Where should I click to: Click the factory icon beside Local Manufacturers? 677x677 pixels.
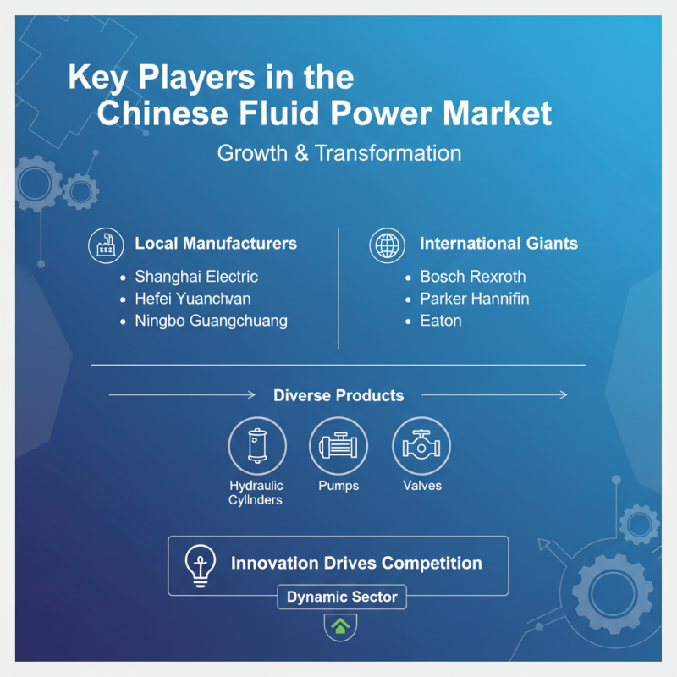107,244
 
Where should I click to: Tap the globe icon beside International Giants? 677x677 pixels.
387,245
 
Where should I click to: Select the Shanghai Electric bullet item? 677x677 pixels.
196,277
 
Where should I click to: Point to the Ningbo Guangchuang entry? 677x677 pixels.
211,321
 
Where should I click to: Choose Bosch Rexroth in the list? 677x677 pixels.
472,277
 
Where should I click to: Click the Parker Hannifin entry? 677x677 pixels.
474,299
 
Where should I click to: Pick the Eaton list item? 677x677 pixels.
440,321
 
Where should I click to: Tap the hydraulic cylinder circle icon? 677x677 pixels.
256,446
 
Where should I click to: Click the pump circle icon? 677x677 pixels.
338,446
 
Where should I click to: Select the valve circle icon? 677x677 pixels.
421,446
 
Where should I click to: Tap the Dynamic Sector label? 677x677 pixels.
342,597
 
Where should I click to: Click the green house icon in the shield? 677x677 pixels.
340,626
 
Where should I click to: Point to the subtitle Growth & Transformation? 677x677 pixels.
338,153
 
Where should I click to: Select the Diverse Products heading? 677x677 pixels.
338,395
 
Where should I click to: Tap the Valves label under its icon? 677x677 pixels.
421,486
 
